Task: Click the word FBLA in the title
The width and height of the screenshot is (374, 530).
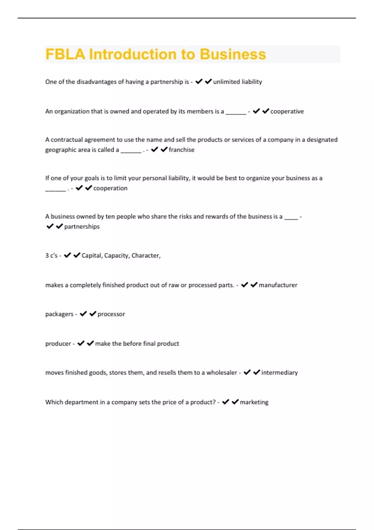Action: coord(65,54)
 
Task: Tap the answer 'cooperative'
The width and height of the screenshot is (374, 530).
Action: coord(287,111)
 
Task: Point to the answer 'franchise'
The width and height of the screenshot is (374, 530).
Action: coord(181,150)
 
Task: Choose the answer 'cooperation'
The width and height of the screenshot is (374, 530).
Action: coord(110,188)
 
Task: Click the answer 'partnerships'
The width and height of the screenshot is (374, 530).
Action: coord(82,226)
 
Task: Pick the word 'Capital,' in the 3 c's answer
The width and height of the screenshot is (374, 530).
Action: coord(92,255)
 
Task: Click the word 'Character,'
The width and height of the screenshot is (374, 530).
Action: coord(146,255)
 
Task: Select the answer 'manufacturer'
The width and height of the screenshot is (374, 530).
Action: coord(278,285)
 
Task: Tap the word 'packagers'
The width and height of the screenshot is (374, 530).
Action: coord(59,314)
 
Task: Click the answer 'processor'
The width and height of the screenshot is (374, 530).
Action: coord(111,314)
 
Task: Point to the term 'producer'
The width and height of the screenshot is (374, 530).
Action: coord(58,344)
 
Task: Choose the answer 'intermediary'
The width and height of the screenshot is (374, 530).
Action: coord(279,373)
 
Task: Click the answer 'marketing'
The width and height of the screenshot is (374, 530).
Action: coord(254,402)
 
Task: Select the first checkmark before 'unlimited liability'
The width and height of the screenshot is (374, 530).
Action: coord(199,81)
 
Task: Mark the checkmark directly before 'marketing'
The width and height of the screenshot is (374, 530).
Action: coord(235,402)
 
